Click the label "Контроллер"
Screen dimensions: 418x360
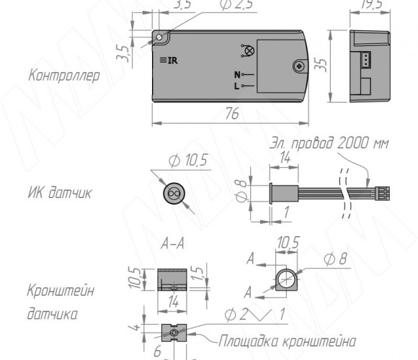tap(64, 76)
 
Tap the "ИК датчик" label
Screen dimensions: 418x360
tap(60, 192)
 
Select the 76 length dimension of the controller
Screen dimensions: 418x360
tap(232, 114)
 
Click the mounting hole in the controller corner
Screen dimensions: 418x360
tap(159, 37)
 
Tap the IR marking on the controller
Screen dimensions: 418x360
tap(169, 60)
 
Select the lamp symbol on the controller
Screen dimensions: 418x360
tap(249, 50)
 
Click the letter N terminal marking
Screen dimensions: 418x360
tap(237, 75)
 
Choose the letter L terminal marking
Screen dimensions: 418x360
tap(236, 86)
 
